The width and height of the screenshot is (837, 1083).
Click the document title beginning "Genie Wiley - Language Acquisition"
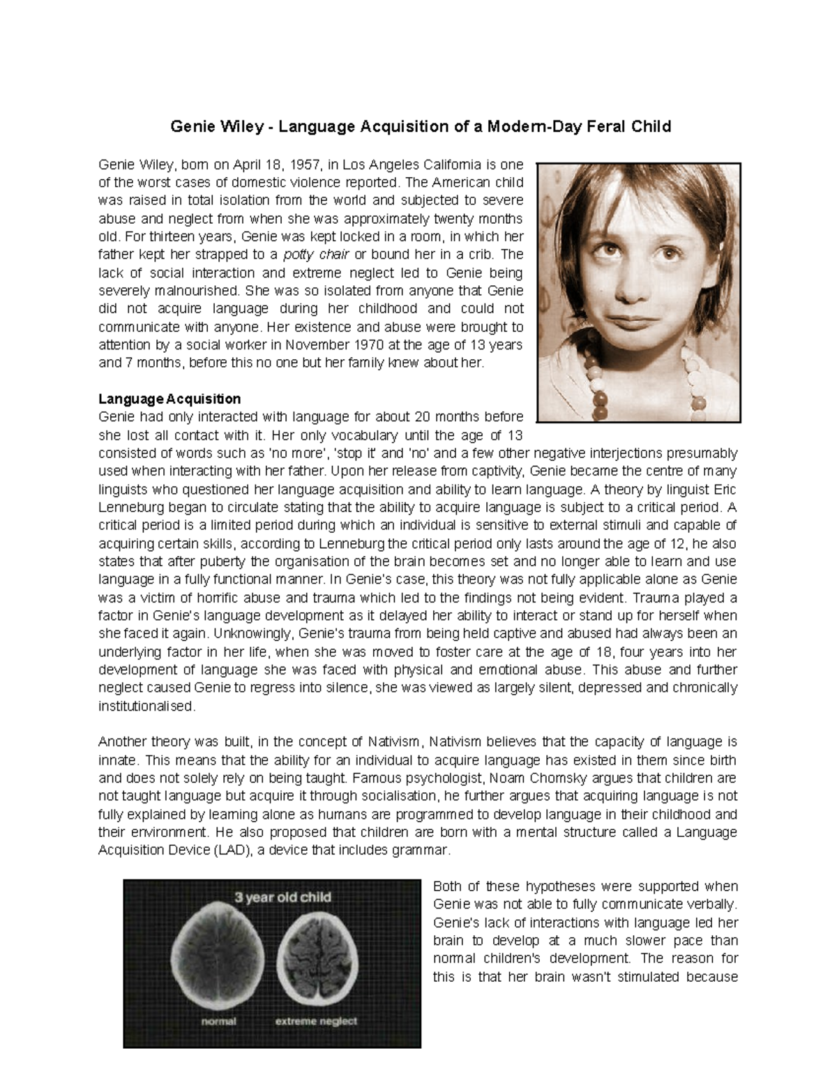click(x=421, y=126)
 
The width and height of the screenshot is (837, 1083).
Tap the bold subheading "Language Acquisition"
click(x=169, y=399)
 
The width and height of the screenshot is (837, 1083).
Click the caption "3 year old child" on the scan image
click(x=282, y=898)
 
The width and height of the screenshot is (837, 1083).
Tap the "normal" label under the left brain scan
click(x=219, y=1021)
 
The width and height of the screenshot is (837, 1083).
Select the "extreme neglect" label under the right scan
click(x=316, y=1021)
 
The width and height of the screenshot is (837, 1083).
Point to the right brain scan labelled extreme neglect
click(x=317, y=960)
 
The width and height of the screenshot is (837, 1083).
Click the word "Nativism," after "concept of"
click(x=396, y=742)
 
